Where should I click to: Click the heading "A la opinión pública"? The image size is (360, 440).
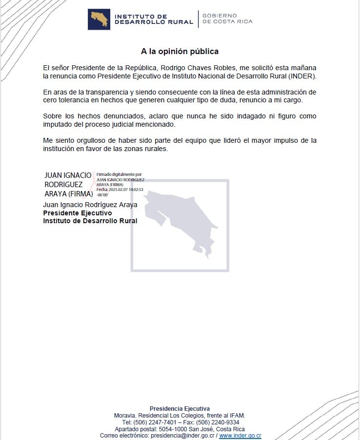[x=180, y=51]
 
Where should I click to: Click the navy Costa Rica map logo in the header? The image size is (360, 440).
[x=99, y=19]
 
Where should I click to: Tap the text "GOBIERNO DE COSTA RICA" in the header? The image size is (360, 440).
[x=227, y=19]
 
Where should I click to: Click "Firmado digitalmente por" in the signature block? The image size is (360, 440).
[x=120, y=174]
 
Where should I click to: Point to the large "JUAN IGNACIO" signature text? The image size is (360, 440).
[x=68, y=175]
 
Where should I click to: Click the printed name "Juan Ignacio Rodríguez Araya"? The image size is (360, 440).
[x=90, y=205]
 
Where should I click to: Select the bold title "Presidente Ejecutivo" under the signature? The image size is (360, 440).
[x=78, y=213]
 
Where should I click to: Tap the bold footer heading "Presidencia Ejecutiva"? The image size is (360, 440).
[x=180, y=408]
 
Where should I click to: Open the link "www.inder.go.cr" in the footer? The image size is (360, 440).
[x=240, y=436]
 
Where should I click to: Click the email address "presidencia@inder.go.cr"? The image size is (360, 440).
[x=182, y=436]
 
